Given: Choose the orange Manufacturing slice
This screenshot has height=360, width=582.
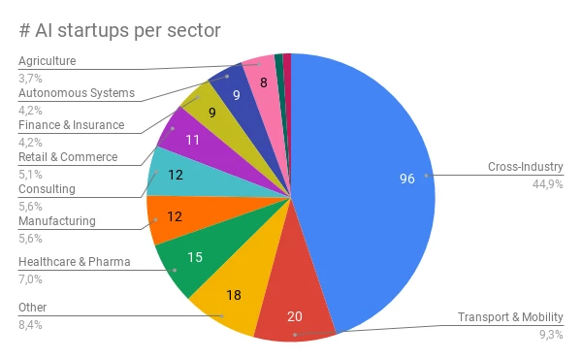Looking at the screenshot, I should pos(175,219).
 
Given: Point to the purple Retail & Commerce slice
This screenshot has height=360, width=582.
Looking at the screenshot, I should pos(190,138).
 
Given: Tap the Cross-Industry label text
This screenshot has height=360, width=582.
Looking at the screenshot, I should pos(526,167).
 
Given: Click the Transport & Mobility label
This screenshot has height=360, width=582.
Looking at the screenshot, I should pos(510,317).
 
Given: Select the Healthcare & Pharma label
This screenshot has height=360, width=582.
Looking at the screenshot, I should pos(74,262).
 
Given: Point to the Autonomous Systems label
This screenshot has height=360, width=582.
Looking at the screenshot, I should pos(77,93).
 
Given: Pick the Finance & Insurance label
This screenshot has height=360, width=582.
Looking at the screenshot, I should pos(72,125).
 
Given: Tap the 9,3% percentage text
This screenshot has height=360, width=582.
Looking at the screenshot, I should pos(552,335).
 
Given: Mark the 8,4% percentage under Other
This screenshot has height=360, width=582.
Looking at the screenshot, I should pos(30,324).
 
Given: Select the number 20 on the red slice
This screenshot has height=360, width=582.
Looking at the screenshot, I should pos(295,315).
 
